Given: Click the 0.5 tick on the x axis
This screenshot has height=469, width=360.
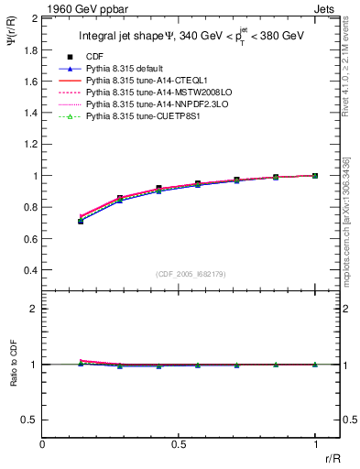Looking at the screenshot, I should pyautogui.click(x=179, y=443).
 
